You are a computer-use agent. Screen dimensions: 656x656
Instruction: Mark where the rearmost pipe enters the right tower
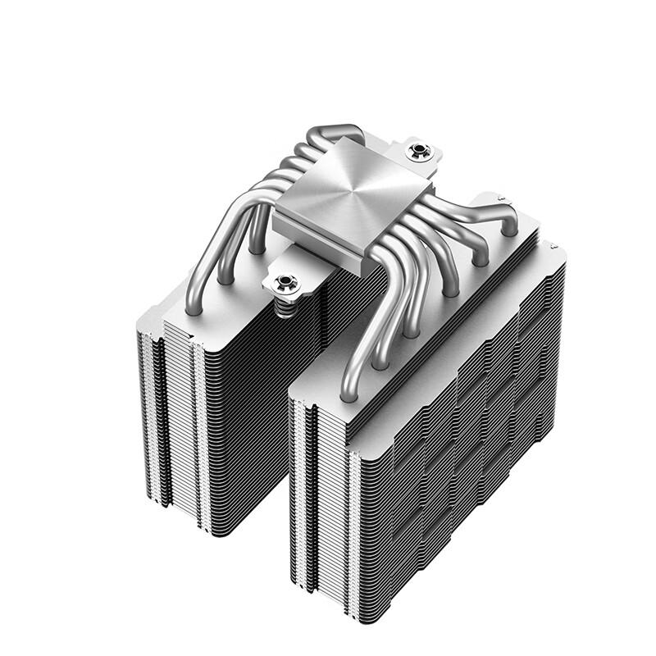coord(512,231)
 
